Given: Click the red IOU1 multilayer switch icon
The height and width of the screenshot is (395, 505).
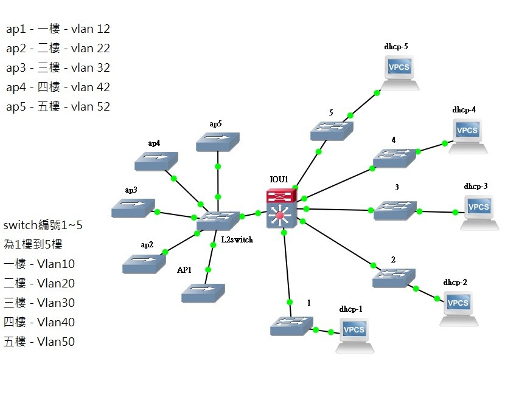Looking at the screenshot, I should point(282,208).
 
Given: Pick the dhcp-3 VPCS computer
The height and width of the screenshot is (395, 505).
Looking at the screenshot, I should point(479,212).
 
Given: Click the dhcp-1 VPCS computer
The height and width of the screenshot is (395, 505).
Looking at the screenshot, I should point(354,335).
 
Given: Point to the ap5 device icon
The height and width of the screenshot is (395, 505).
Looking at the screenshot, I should point(217,141).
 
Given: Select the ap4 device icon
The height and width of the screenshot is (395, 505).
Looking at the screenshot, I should point(156,161).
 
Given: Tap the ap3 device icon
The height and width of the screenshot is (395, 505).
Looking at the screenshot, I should point(133,208).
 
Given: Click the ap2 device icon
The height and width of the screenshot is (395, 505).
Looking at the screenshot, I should point(144,263).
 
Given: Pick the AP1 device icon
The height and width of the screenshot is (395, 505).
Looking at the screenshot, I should point(203,293).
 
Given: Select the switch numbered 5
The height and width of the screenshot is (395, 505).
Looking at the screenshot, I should point(332,131).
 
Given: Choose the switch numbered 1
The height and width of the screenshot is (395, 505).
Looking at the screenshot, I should point(291,326).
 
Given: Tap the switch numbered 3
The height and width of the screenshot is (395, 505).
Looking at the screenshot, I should point(395,210).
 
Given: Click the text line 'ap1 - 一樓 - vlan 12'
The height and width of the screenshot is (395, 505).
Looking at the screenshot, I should point(58,29).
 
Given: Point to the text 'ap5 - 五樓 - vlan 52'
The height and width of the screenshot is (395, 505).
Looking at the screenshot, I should point(58,106).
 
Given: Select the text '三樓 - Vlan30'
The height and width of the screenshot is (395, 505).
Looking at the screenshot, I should point(39,303).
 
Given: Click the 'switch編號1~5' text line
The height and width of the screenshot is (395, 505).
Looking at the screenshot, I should point(43,225).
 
